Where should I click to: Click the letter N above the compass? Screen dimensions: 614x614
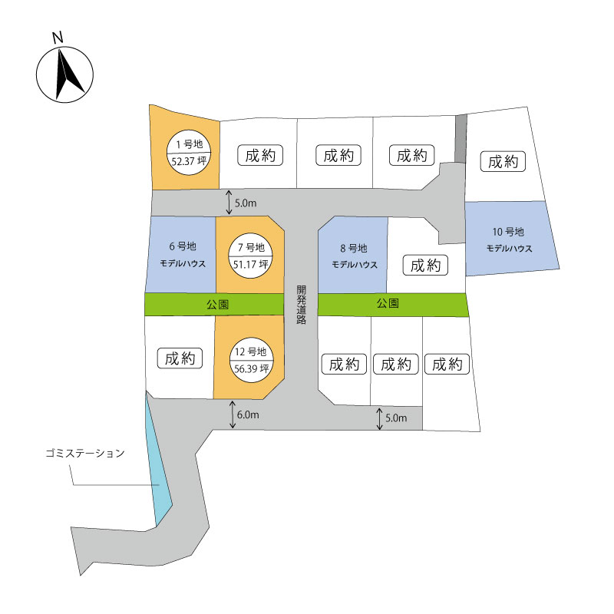(58, 37)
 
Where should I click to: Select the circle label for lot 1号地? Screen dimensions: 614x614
(189, 152)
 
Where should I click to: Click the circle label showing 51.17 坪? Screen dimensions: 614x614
(251, 256)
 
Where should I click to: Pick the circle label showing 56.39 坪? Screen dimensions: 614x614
(251, 360)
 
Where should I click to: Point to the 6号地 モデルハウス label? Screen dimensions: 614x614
(183, 255)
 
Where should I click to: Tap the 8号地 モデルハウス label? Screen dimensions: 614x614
(355, 256)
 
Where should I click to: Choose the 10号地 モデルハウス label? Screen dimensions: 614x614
(509, 239)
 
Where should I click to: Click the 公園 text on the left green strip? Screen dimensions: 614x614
(218, 304)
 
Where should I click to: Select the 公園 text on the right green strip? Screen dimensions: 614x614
(388, 303)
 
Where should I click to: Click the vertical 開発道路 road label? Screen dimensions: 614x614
(301, 305)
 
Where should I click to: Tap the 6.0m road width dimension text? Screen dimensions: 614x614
(248, 414)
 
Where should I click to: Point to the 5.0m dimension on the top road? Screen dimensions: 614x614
(246, 203)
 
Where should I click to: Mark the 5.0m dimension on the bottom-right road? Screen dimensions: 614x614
(396, 418)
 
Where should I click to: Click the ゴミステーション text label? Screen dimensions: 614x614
(85, 454)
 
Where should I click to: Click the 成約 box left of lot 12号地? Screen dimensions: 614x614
(180, 358)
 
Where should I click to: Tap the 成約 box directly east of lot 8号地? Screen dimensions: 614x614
(425, 265)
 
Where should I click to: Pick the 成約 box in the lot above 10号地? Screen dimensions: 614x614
(503, 161)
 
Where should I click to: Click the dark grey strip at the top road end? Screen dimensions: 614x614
(461, 139)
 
